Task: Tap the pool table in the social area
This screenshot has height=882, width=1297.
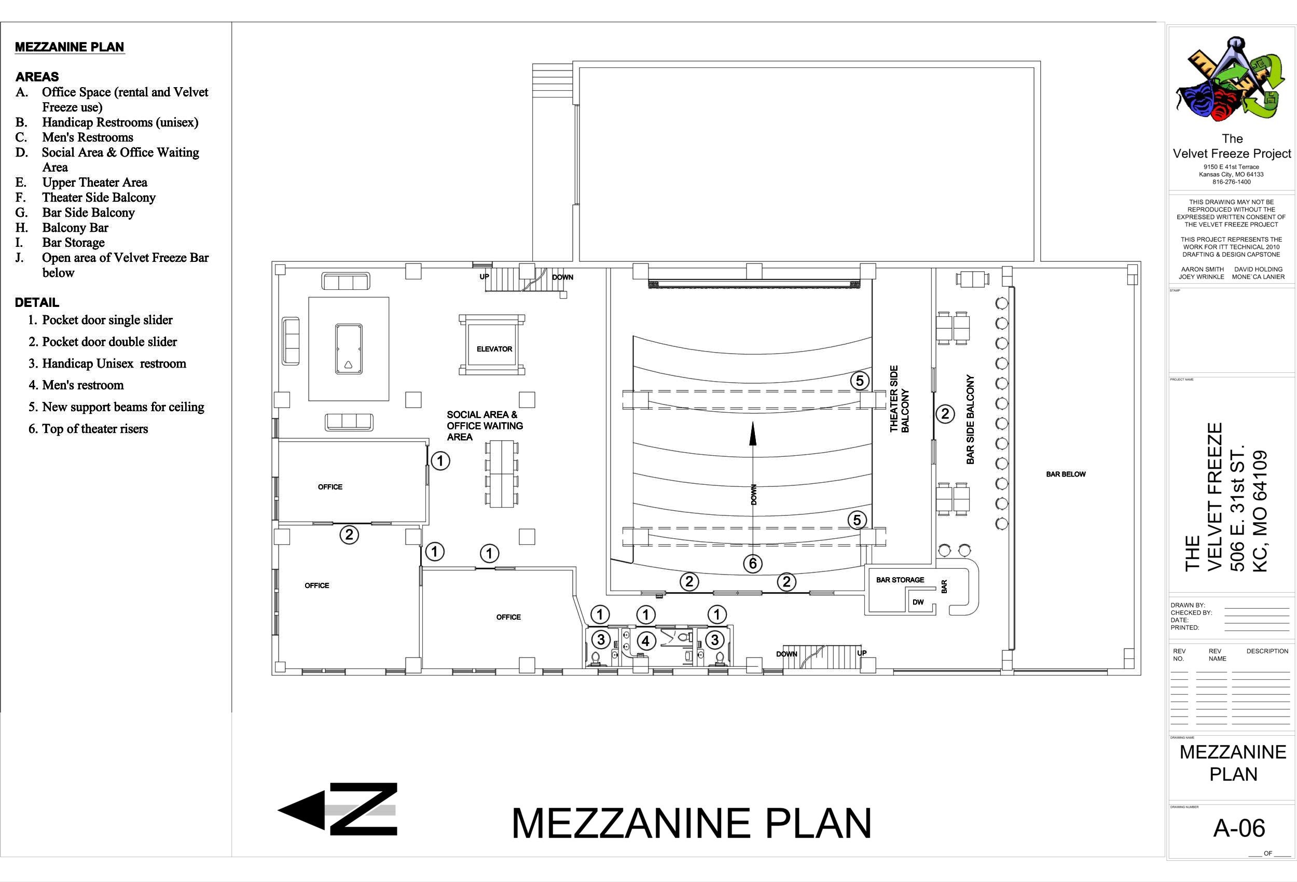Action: [x=349, y=348]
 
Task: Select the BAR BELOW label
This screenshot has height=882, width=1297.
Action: [x=1066, y=474]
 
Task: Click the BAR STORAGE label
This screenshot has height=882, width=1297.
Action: [x=900, y=580]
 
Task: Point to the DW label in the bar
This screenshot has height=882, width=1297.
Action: [x=918, y=602]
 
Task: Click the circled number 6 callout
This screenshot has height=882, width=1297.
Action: [x=753, y=564]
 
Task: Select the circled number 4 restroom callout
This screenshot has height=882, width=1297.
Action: [x=646, y=641]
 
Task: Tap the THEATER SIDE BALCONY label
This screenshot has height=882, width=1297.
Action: [x=899, y=399]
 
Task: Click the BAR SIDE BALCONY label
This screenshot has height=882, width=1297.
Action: [x=971, y=419]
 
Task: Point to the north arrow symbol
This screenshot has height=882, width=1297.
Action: [x=338, y=809]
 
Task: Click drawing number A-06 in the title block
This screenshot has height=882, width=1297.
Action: [x=1239, y=829]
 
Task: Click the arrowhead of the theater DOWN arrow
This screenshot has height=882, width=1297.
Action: [x=753, y=434]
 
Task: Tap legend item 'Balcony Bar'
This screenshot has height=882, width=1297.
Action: [x=75, y=228]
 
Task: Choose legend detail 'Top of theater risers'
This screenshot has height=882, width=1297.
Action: [x=95, y=429]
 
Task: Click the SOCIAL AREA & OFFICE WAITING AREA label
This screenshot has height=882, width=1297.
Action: [x=485, y=426]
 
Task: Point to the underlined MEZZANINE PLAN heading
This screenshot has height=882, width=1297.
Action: [x=70, y=47]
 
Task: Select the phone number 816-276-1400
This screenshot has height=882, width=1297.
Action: [x=1231, y=182]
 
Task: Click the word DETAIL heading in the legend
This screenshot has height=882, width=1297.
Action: [x=37, y=303]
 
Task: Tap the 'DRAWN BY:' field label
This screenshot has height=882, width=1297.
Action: [x=1188, y=605]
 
